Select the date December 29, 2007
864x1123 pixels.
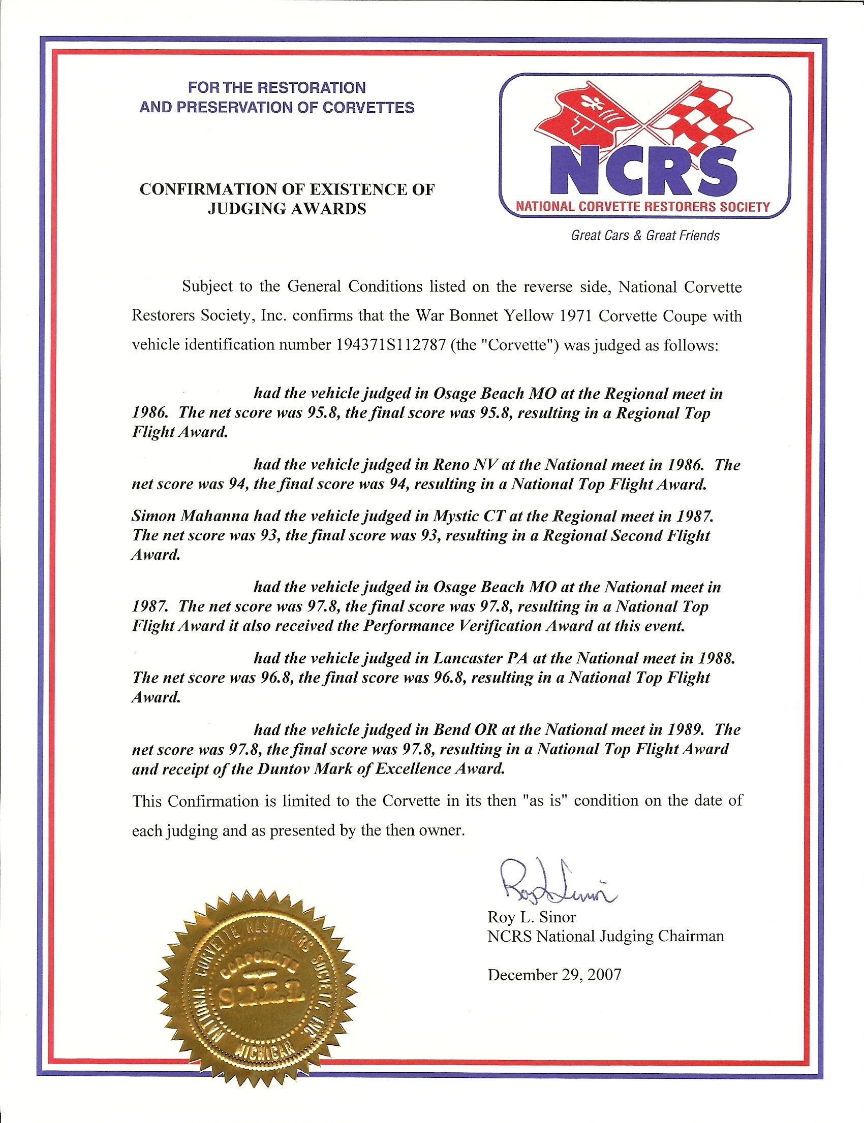coord(554,975)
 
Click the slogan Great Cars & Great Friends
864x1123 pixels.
coord(645,235)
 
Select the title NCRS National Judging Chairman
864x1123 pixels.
coord(605,937)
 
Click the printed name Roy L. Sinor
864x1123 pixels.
coord(532,916)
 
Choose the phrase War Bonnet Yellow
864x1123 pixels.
coord(451,315)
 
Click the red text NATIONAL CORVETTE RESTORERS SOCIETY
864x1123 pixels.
coord(643,207)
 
